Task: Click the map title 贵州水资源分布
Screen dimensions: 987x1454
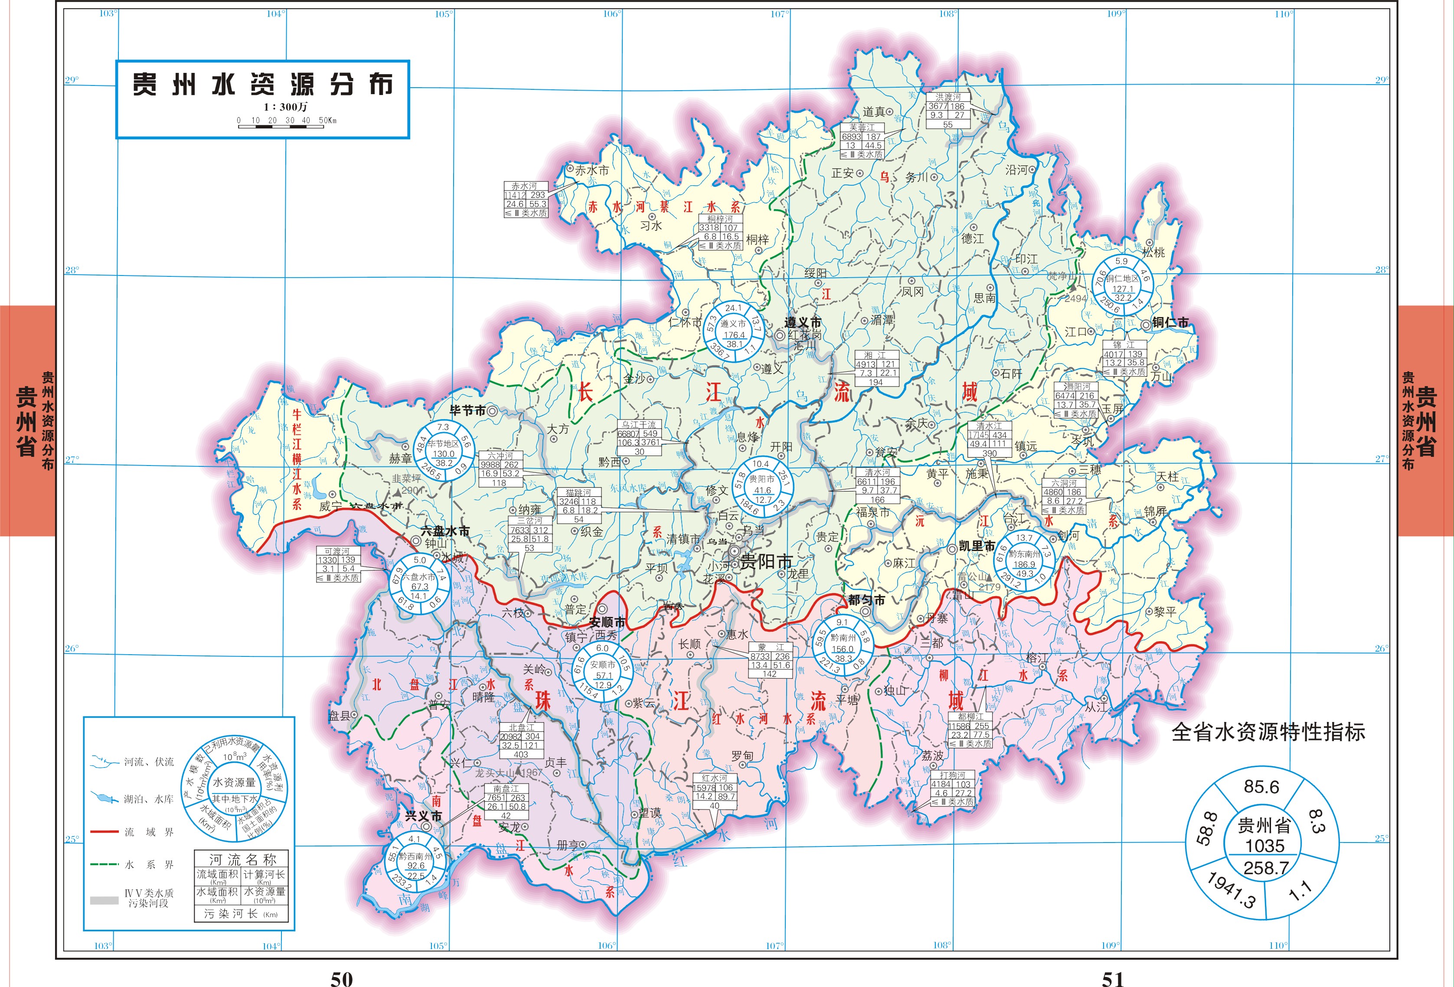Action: tap(262, 85)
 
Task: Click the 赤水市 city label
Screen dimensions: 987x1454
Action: tap(591, 170)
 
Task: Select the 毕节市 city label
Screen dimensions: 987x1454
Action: tap(467, 410)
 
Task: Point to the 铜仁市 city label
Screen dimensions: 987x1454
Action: tap(1170, 322)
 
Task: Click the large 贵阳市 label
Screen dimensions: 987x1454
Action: tap(766, 561)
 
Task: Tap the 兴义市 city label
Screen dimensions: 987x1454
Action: tap(424, 816)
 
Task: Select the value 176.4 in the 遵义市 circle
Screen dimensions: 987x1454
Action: tap(734, 335)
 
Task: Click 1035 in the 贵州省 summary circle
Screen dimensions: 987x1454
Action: tap(1264, 846)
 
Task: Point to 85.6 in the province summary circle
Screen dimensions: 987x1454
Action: tap(1261, 787)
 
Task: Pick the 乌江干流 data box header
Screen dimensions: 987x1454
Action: tap(639, 424)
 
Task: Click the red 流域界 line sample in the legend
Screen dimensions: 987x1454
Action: tap(105, 832)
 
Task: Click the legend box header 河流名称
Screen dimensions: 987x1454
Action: tap(242, 859)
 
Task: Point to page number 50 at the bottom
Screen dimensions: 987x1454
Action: tap(342, 978)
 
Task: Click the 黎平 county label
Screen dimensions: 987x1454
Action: tap(1164, 612)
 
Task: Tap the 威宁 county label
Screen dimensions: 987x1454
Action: tap(330, 506)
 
